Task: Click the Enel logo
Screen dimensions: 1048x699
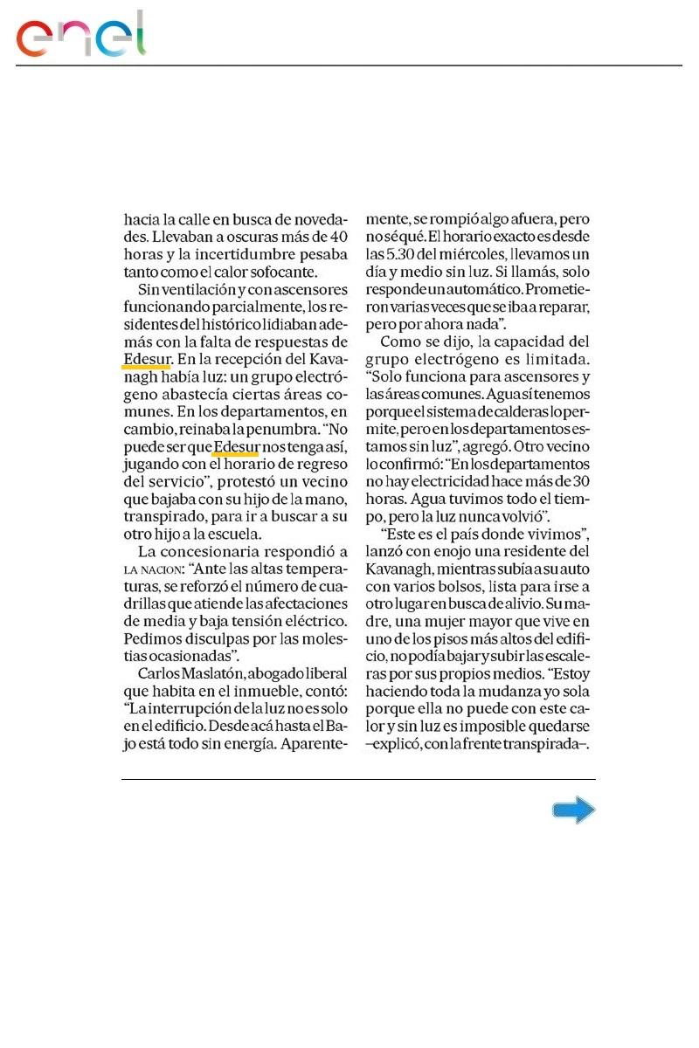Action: tap(80, 35)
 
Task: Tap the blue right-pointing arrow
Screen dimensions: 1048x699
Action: tap(573, 811)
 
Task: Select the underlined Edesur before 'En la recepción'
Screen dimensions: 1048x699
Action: tap(147, 358)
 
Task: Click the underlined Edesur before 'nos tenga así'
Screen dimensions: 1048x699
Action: tap(236, 447)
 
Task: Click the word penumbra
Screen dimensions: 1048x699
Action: tap(290, 429)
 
